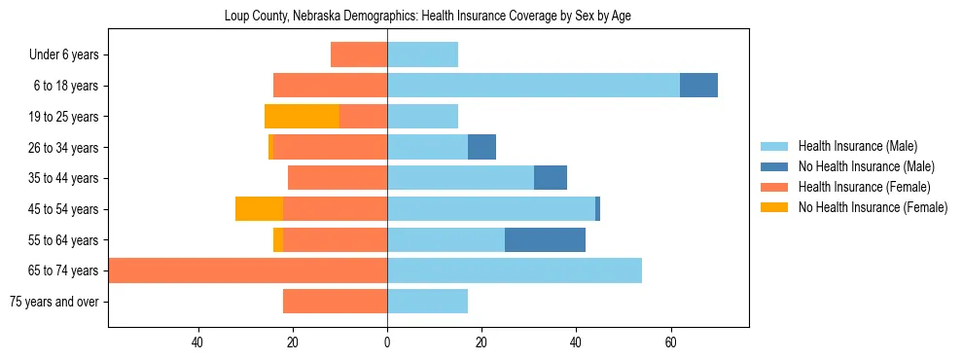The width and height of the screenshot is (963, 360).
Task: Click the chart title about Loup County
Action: click(428, 17)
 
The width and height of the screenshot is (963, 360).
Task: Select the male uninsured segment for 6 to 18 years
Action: click(698, 86)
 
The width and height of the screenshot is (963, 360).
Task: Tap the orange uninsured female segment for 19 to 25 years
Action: click(302, 117)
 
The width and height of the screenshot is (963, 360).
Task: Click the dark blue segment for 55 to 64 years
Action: click(545, 239)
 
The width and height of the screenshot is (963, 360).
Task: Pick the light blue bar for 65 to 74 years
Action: click(515, 270)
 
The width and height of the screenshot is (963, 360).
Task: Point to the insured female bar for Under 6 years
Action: click(359, 54)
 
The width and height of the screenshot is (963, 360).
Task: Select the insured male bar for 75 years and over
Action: click(427, 302)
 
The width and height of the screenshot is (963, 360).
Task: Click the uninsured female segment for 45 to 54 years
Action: click(259, 209)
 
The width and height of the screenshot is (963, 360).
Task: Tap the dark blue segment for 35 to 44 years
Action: click(551, 178)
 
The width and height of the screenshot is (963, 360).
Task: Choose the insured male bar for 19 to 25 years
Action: click(422, 117)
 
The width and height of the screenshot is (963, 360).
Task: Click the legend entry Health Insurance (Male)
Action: click(857, 146)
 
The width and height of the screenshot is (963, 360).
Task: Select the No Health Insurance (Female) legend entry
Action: click(873, 207)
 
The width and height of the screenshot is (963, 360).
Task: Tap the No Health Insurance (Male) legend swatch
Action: click(774, 166)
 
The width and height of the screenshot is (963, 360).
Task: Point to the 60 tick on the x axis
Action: click(670, 342)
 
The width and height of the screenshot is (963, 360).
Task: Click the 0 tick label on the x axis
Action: click(387, 342)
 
